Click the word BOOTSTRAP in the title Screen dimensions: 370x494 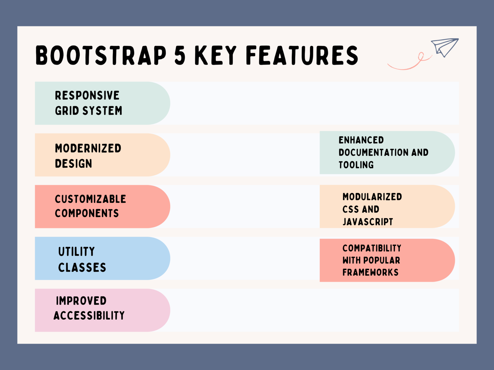(x=101, y=55)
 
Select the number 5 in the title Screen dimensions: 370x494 (x=180, y=55)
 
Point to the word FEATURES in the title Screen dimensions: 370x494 (x=302, y=55)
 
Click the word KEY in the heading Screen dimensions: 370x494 (x=215, y=55)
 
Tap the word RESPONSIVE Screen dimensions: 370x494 (x=87, y=95)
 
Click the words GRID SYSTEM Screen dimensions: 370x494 (x=88, y=111)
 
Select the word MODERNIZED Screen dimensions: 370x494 (x=88, y=148)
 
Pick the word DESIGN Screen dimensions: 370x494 (x=73, y=164)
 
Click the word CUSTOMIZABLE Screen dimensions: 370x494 (x=90, y=199)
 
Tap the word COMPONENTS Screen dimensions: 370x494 (x=87, y=213)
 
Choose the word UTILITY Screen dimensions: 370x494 (x=77, y=251)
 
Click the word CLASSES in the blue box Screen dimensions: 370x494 (x=82, y=267)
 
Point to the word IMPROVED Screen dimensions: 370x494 (x=81, y=301)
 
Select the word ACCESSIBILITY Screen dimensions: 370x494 (x=89, y=316)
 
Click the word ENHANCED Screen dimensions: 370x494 (x=361, y=140)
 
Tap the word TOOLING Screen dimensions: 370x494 (x=356, y=165)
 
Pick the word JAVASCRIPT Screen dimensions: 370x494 (x=368, y=222)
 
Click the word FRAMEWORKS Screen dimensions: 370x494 (x=370, y=273)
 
